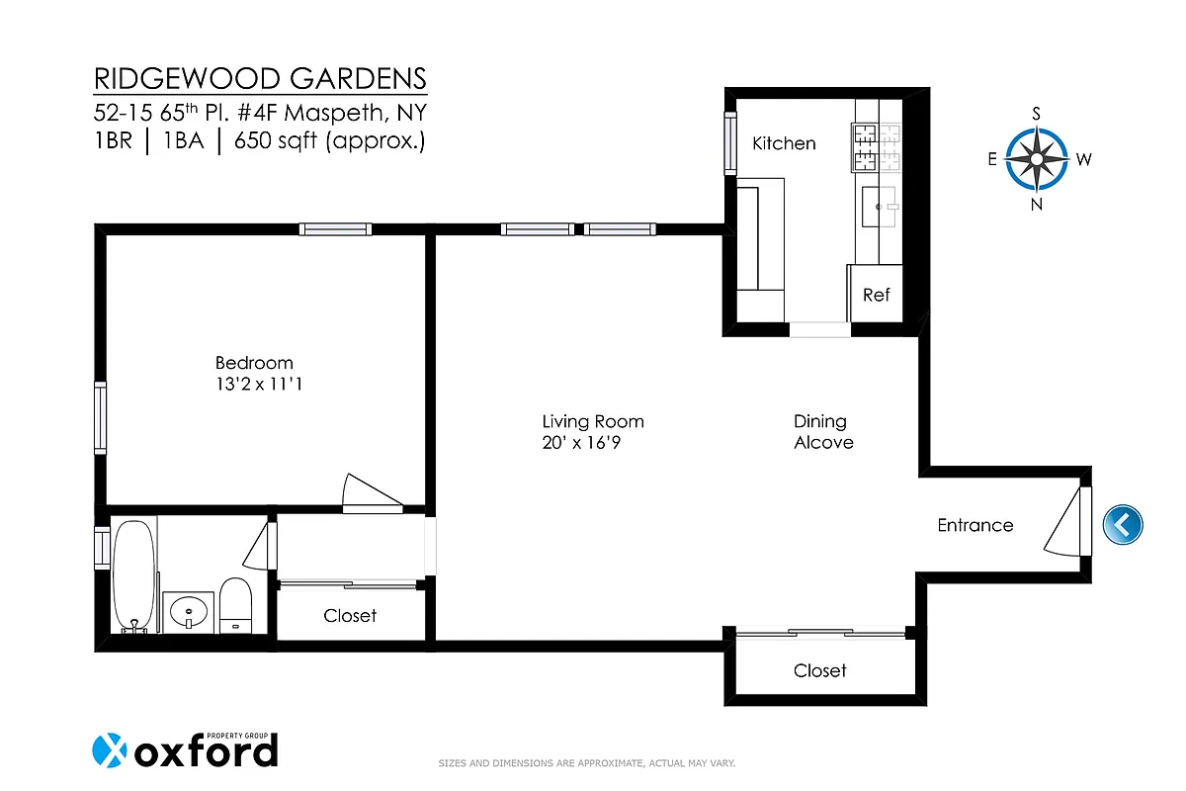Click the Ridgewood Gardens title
point(261,78)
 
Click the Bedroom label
point(254,363)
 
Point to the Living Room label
point(593,421)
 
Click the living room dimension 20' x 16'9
point(581,443)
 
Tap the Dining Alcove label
point(822,432)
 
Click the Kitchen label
point(784,143)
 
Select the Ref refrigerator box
point(876,295)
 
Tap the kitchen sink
point(880,206)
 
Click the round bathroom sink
point(189,613)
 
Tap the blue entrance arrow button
point(1122,524)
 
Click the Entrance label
point(974,525)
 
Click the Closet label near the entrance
point(819,670)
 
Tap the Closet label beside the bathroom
point(350,615)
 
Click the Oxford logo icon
point(110,751)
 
